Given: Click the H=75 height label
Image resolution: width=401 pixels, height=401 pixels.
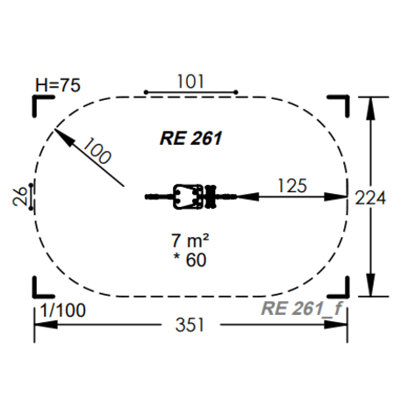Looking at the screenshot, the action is coord(58,85).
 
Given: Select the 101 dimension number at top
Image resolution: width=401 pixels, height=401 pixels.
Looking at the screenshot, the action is coord(190,82).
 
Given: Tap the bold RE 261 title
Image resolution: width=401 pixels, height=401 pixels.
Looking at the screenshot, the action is coord(191,139).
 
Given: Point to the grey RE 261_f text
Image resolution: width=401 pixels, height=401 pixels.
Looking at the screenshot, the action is coord(302,308).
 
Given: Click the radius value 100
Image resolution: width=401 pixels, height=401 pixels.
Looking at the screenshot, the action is coord(97,151).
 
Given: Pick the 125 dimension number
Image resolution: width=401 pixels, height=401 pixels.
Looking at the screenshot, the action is coord(292,186).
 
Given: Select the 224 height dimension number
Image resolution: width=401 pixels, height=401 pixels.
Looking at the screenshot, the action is coord(370,198).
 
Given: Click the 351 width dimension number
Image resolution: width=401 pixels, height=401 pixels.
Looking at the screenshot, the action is coord(190,325).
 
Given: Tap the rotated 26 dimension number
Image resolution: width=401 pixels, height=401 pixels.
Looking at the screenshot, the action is coord(19,197).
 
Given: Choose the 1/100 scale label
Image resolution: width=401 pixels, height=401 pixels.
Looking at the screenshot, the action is coord(63,310).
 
